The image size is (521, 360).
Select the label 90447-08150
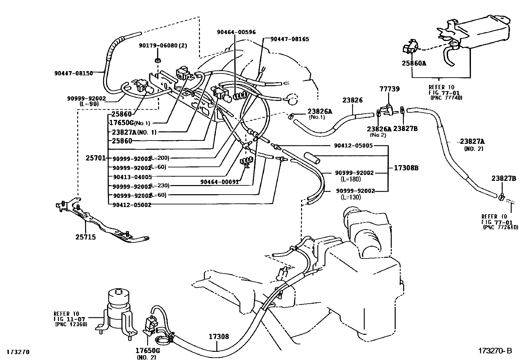[74, 73]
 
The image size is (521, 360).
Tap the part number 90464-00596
[236, 32]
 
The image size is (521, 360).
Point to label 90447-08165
[290, 39]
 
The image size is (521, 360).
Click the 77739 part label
[389, 89]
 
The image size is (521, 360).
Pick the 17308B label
[406, 168]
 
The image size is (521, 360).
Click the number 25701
[96, 158]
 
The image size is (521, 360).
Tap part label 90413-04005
[132, 177]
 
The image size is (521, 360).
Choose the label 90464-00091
[220, 182]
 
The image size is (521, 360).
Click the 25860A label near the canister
[414, 63]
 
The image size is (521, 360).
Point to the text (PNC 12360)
[71, 324]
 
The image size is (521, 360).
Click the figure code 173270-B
[495, 351]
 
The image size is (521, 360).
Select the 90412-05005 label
[353, 145]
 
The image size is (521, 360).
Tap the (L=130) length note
[350, 197]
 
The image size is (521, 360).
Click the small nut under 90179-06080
[157, 60]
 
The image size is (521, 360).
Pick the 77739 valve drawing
[388, 109]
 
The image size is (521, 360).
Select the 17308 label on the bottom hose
[219, 336]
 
